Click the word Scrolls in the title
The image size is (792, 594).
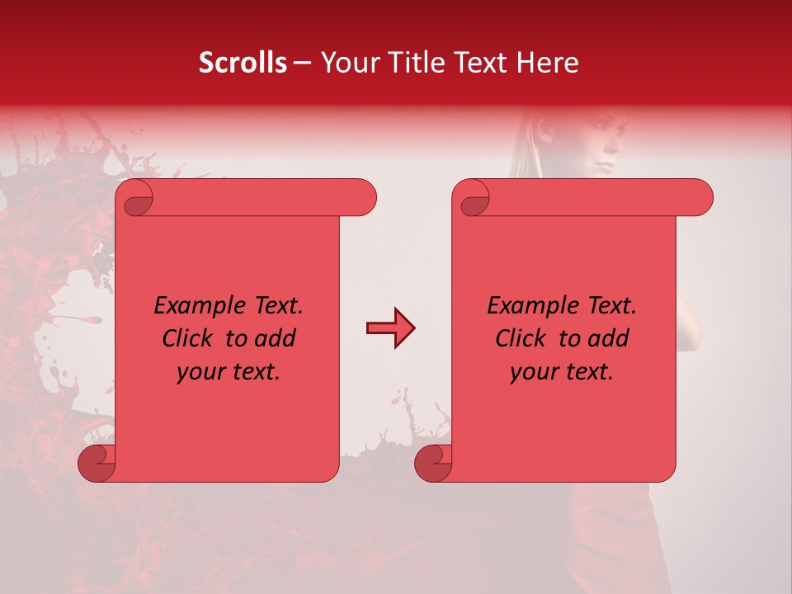click(243, 63)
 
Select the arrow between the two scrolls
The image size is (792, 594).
click(390, 328)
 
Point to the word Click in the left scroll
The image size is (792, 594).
click(190, 338)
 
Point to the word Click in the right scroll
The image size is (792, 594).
click(523, 338)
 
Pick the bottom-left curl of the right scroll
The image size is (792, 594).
click(434, 462)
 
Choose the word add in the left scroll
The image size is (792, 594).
click(276, 338)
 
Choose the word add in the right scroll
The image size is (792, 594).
click(609, 338)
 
